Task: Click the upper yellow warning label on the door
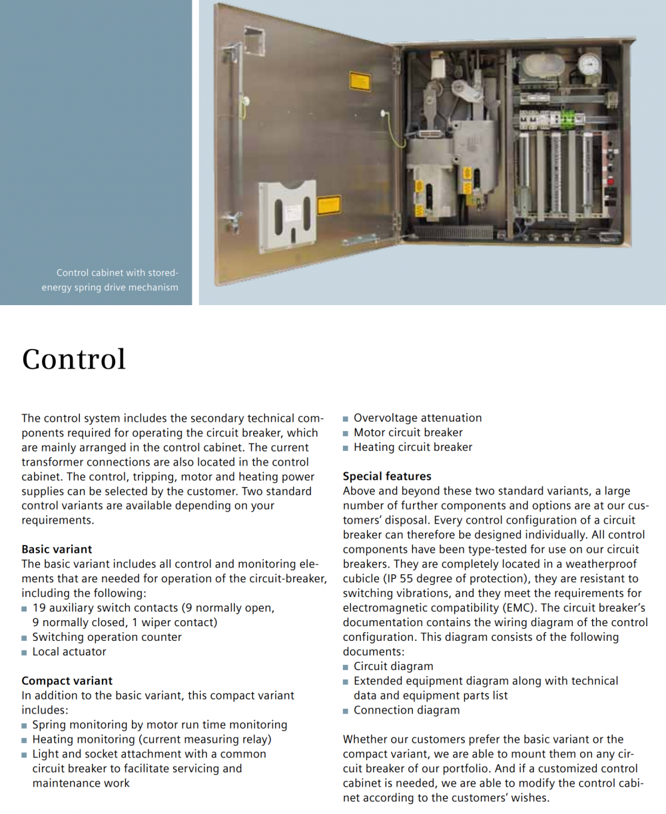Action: pos(360,83)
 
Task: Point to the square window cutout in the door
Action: pos(254,41)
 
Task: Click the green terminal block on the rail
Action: pos(568,118)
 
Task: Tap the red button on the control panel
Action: pos(609,181)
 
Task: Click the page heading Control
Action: pos(74,359)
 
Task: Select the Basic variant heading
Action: pos(57,550)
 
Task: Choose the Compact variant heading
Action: pos(67,681)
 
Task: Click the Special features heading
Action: pos(387,476)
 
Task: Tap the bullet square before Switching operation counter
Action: pos(25,638)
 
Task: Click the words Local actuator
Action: pos(69,651)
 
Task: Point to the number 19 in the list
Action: pos(39,608)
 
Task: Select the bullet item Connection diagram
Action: pos(406,710)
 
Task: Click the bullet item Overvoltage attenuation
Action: pos(418,418)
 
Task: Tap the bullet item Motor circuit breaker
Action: pos(408,432)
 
